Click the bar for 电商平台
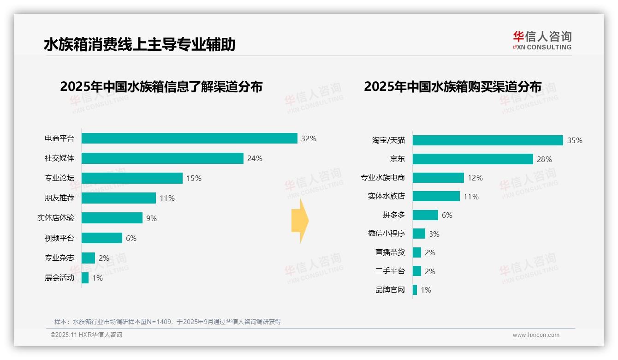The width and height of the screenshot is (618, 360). tap(189, 138)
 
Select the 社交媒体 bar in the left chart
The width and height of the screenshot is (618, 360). tap(162, 158)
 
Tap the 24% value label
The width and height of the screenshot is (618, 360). tap(255, 158)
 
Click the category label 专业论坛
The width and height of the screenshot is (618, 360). tap(59, 178)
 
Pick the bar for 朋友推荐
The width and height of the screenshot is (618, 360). tap(119, 198)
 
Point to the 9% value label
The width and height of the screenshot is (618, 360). tap(151, 218)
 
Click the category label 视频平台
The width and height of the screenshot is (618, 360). tap(59, 238)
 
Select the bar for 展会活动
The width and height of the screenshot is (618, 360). tap(85, 278)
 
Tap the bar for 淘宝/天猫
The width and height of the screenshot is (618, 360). tap(487, 140)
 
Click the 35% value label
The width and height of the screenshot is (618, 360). tap(575, 140)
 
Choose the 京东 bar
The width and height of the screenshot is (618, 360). tap(473, 159)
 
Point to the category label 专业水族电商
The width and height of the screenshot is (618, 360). tap(382, 178)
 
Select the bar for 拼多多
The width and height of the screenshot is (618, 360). tap(425, 215)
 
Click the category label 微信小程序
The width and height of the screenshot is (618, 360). tap(386, 234)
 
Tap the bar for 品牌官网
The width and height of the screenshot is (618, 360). tap(415, 290)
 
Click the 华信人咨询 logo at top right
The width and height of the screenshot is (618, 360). tap(542, 40)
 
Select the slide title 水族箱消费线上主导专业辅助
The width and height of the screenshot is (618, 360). tap(139, 44)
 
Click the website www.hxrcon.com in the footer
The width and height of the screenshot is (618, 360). tap(536, 335)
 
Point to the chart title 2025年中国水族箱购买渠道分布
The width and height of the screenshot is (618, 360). tap(452, 86)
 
